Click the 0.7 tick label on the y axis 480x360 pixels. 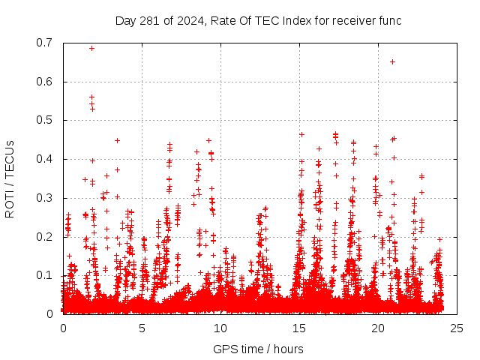pyautogui.click(x=45, y=43)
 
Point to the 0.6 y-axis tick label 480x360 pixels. pyautogui.click(x=45, y=82)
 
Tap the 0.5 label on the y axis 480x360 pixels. pyautogui.click(x=45, y=120)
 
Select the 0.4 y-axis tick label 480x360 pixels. pyautogui.click(x=45, y=159)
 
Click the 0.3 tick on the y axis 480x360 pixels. pyautogui.click(x=45, y=198)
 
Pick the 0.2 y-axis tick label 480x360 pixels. pyautogui.click(x=45, y=237)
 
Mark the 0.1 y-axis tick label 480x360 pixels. pyautogui.click(x=45, y=275)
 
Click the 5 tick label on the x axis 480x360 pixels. pyautogui.click(x=142, y=328)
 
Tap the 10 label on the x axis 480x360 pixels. pyautogui.click(x=220, y=328)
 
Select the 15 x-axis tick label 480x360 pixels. pyautogui.click(x=299, y=328)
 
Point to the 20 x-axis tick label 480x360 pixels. pyautogui.click(x=378, y=328)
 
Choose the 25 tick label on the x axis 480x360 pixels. pyautogui.click(x=457, y=328)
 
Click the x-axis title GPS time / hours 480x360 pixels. pyautogui.click(x=258, y=349)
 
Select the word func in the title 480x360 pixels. pyautogui.click(x=389, y=20)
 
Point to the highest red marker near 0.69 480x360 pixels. pyautogui.click(x=91, y=48)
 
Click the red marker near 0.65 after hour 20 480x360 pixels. pyautogui.click(x=392, y=61)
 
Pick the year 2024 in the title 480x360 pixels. pyautogui.click(x=190, y=20)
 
